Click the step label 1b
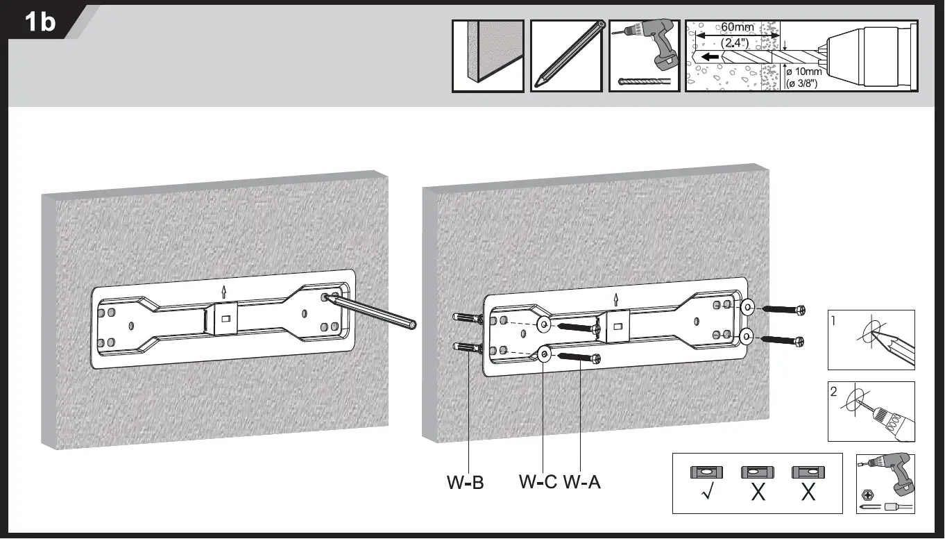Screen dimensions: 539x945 coord(40,22)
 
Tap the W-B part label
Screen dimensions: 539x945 coord(464,481)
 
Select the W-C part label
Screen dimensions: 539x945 coord(538,481)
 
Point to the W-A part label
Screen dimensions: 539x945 coord(582,481)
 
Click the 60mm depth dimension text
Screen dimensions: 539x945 coord(737,27)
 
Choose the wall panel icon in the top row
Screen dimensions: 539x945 coord(488,56)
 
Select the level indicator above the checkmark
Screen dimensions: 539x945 coord(706,472)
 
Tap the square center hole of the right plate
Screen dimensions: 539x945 coord(614,323)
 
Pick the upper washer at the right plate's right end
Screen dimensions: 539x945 coord(748,307)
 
